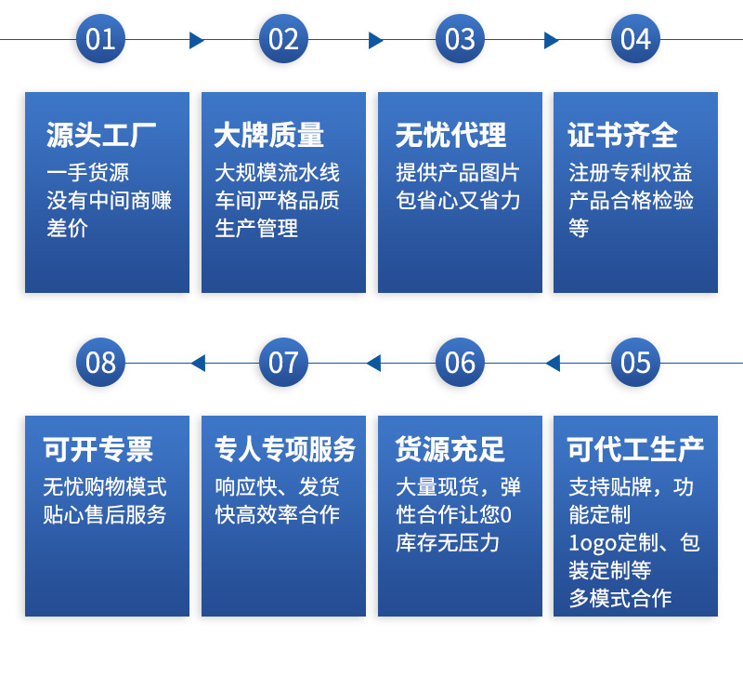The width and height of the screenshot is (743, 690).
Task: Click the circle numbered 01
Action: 100,39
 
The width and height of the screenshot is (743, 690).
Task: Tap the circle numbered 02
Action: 283,39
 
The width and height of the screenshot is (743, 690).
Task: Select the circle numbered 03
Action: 460,39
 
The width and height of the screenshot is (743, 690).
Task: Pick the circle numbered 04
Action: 635,39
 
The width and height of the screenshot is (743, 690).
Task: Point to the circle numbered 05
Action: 635,362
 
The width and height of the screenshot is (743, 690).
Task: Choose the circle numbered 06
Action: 460,362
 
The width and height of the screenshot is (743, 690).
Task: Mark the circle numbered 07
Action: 283,362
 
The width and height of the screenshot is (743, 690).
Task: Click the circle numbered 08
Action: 100,362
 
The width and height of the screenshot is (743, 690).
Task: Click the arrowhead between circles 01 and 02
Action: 196,40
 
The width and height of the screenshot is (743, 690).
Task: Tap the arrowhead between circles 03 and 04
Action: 551,40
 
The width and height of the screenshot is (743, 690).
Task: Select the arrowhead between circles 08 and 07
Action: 198,363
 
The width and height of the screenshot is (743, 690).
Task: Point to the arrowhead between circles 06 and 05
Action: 553,363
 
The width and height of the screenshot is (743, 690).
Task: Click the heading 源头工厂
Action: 102,136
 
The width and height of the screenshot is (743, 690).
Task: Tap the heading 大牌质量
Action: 269,136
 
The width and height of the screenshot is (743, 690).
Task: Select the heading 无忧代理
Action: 451,136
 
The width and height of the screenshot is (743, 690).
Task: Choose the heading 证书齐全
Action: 623,136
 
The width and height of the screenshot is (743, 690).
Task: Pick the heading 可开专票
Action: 98,450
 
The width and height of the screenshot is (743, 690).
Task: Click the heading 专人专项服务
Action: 285,450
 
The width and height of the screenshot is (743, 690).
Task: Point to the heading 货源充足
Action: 450,450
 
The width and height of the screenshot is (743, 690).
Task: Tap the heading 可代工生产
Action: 636,450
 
